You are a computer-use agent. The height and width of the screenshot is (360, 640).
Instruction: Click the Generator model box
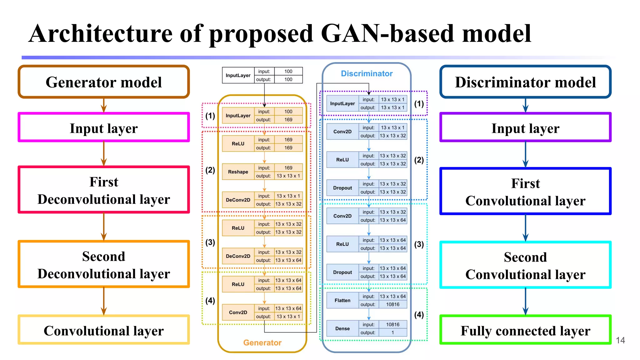coord(103,82)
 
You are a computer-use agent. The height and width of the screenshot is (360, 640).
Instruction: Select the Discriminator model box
coord(525,82)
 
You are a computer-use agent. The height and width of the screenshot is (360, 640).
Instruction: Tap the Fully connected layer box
coord(525,330)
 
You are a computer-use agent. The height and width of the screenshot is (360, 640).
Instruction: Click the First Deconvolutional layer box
coord(103,190)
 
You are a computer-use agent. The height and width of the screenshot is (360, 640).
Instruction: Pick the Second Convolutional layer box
coord(525,265)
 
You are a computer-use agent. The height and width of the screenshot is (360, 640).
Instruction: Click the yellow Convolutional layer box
coord(103,330)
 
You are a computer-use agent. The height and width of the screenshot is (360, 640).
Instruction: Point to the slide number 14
coord(620,340)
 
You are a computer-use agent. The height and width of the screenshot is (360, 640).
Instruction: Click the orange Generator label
coord(262,343)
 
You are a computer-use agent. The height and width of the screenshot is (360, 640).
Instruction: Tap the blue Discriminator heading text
coord(367,73)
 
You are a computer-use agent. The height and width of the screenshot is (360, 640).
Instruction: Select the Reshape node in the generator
coord(238,172)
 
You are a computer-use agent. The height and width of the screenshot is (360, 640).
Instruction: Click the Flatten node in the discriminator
coord(342,300)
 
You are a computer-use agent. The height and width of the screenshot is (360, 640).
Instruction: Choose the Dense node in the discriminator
coord(342,328)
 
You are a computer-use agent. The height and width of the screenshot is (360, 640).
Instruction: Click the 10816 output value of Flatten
coord(392,304)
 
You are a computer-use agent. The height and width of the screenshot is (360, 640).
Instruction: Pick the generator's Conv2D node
coord(238,312)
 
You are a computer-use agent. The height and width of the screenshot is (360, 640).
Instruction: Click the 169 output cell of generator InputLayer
coord(288,120)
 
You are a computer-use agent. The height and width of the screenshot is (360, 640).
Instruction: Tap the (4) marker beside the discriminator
coord(419,314)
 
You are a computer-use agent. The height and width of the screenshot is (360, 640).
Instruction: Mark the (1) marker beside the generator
coord(210,116)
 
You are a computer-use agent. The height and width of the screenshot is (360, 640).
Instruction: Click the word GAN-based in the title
coord(387,33)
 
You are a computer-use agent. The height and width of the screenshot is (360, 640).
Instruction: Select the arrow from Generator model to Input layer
coord(104,105)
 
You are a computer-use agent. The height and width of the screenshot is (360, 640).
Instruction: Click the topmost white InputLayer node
coord(238,75)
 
